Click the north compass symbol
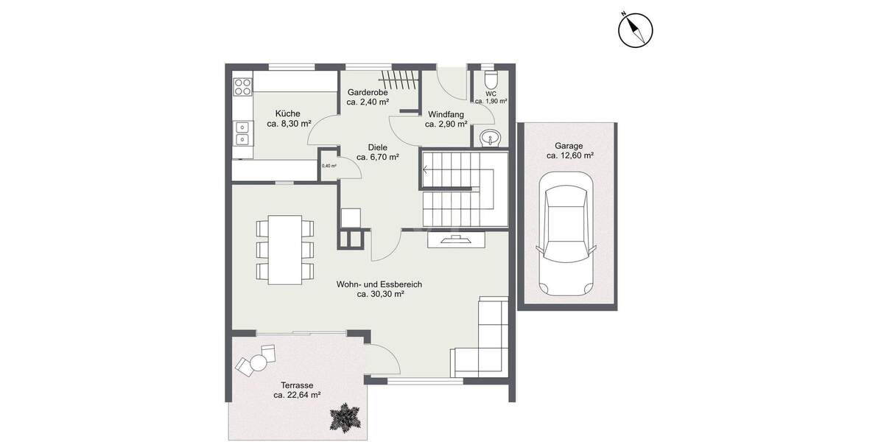(634, 31)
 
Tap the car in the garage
(565, 233)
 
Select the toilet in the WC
(491, 80)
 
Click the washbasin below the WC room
(489, 137)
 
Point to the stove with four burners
(242, 88)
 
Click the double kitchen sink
(242, 133)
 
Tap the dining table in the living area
(284, 248)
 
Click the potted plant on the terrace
(344, 418)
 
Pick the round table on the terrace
(259, 362)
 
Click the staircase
(464, 189)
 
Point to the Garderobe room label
(368, 92)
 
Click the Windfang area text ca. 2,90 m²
(446, 124)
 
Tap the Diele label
(377, 147)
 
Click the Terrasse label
(297, 385)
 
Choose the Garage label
(569, 145)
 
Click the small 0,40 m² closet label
(329, 166)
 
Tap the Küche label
(287, 113)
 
